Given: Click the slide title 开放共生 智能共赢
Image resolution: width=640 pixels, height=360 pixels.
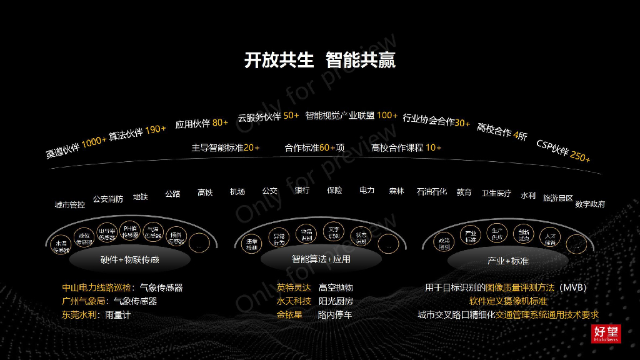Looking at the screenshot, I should coord(319,61).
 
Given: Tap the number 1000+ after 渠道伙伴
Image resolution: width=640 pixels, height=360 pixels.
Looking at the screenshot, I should coord(94,142).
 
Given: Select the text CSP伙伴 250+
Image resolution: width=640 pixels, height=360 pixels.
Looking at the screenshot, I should coord(563,151).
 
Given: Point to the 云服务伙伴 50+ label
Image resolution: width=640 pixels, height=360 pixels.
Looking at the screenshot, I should coord(268,116).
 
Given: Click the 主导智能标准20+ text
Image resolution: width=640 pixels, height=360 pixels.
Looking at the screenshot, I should coord(225,148).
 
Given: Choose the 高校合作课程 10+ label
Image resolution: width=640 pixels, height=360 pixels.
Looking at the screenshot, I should coord(406,148).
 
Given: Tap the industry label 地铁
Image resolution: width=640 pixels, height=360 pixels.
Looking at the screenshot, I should coord(141,197).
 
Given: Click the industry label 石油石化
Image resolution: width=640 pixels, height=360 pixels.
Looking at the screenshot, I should coord(432,192).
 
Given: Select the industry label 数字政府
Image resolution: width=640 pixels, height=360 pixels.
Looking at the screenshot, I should coord(590,204).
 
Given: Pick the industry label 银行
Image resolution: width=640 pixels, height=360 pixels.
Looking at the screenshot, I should coord(302,190).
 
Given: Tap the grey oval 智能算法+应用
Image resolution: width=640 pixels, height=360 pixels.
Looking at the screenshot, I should coord(321,259).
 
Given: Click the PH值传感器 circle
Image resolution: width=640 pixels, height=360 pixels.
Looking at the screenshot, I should coord(130,232).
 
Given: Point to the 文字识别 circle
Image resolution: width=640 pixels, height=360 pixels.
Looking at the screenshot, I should coord(334,232).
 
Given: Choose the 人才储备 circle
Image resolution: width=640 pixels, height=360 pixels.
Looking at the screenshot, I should coord(550,239).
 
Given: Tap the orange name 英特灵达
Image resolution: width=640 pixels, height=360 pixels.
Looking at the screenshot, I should coord(294,287).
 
